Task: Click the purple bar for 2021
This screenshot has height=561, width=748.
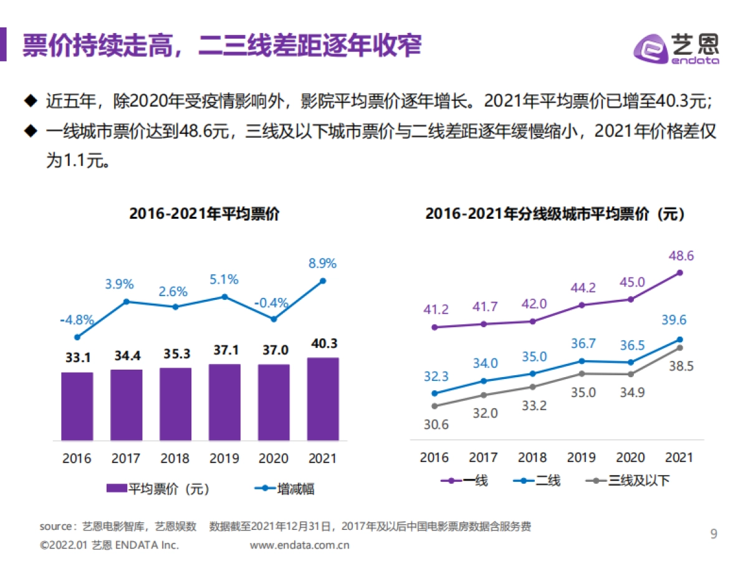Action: (323, 398)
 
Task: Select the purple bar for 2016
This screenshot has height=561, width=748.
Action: (77, 406)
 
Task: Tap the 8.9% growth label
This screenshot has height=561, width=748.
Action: (322, 263)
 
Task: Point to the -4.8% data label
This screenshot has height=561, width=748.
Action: (77, 320)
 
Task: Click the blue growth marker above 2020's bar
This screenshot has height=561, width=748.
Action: (274, 319)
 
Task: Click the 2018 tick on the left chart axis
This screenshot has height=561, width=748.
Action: (175, 459)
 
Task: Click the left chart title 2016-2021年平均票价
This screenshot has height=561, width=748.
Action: (204, 214)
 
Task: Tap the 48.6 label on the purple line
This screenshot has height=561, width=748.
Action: (680, 256)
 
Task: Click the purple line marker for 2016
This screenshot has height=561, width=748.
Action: (434, 327)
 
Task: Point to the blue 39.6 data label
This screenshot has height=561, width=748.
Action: (674, 320)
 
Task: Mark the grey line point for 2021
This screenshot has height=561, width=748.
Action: (680, 348)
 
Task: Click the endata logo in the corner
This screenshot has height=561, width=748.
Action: (677, 48)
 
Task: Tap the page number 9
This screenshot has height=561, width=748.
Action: (714, 534)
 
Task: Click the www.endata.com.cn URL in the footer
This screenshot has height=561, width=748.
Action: (300, 545)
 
